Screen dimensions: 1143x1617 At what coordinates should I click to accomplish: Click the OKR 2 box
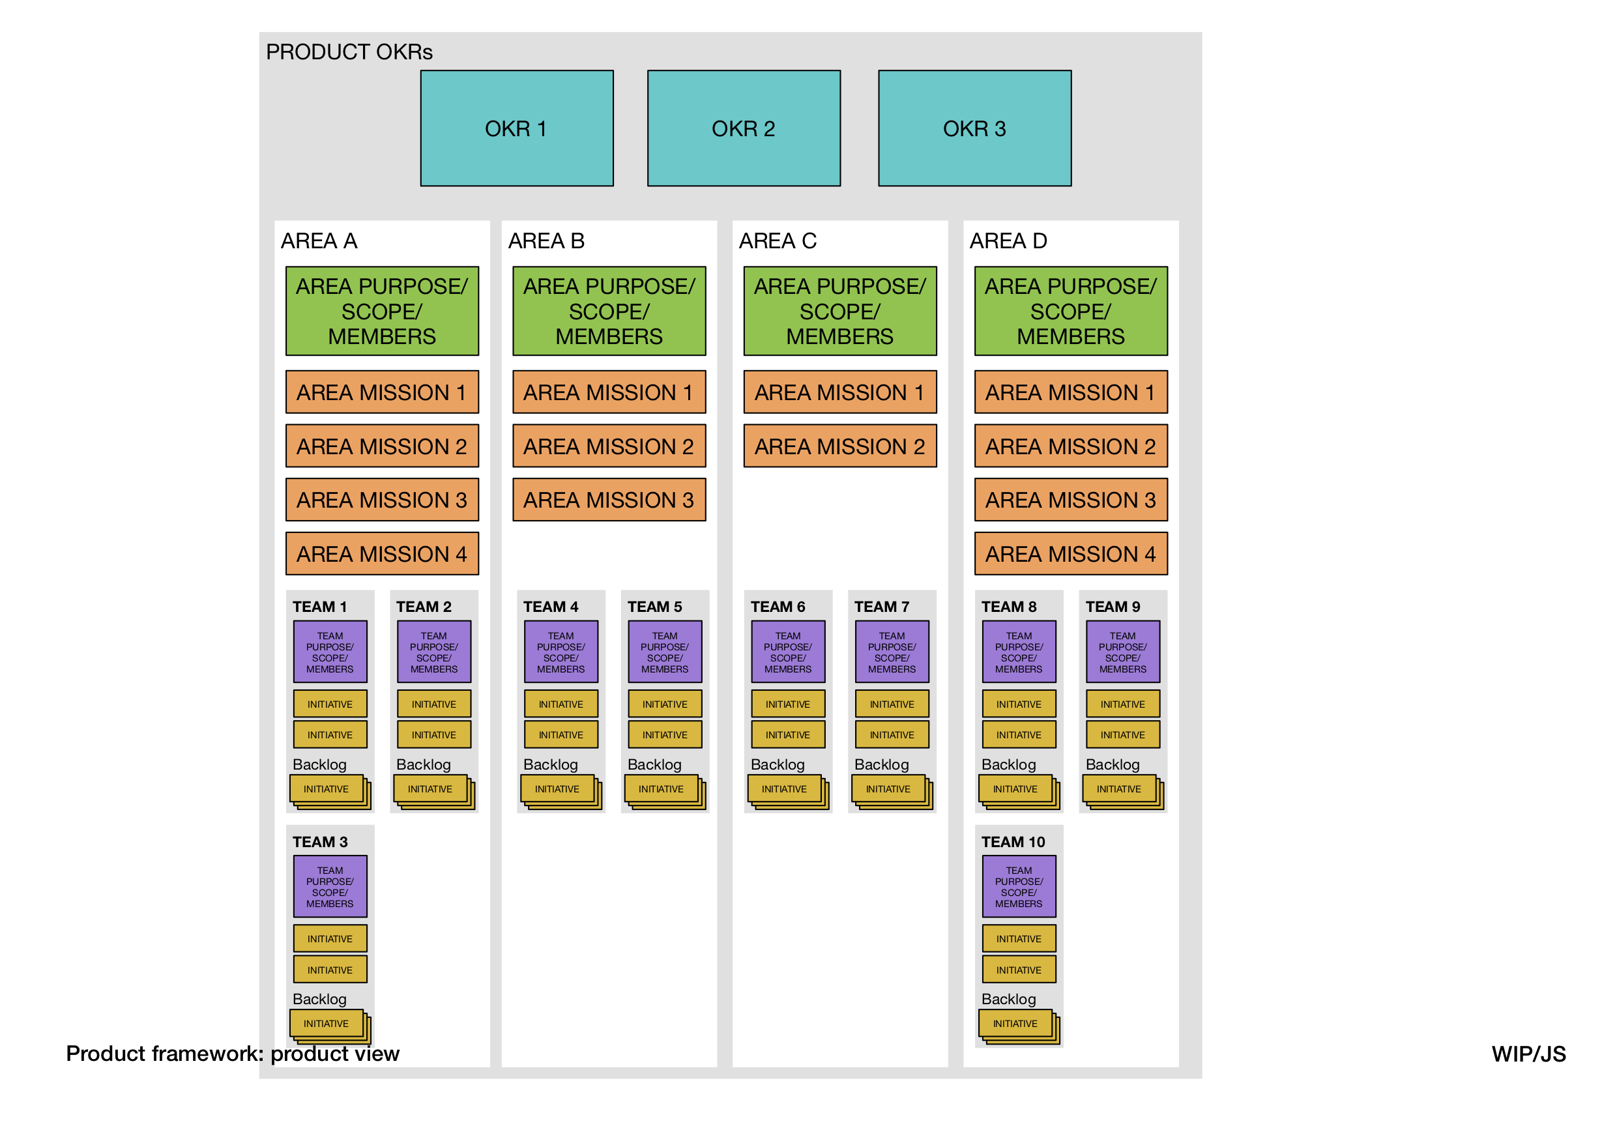[744, 128]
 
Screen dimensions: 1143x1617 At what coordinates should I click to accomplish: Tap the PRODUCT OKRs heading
[349, 52]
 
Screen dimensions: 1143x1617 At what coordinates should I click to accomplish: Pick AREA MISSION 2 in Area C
[839, 446]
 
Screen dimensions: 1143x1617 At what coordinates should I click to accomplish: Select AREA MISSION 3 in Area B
[609, 500]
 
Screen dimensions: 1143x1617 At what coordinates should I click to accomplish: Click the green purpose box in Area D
[1070, 311]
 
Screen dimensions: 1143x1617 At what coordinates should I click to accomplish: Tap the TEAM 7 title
[881, 606]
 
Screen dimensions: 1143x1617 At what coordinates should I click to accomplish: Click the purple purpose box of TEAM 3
[330, 886]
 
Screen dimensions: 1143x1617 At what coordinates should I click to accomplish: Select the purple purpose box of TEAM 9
[1122, 652]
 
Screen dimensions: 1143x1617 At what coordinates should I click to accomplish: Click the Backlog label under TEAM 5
[654, 764]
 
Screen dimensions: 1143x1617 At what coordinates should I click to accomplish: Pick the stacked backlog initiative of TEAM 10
[1015, 1023]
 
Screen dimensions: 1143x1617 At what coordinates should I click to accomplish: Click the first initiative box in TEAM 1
[330, 704]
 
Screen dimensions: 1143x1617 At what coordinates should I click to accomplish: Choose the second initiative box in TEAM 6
[787, 734]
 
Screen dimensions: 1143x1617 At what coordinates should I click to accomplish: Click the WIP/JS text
[1528, 1054]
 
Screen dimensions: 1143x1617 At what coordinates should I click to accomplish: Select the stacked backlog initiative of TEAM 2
[430, 789]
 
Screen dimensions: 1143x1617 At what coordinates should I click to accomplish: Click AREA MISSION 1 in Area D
[1070, 392]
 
